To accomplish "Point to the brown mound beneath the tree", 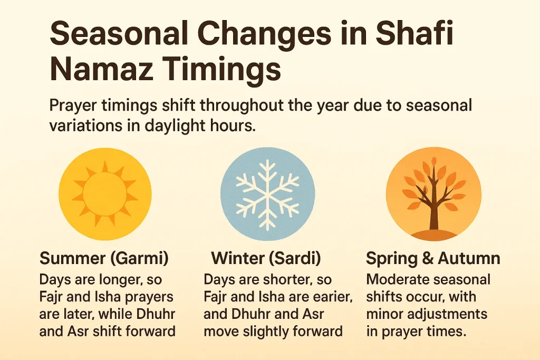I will pos(433,233).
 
